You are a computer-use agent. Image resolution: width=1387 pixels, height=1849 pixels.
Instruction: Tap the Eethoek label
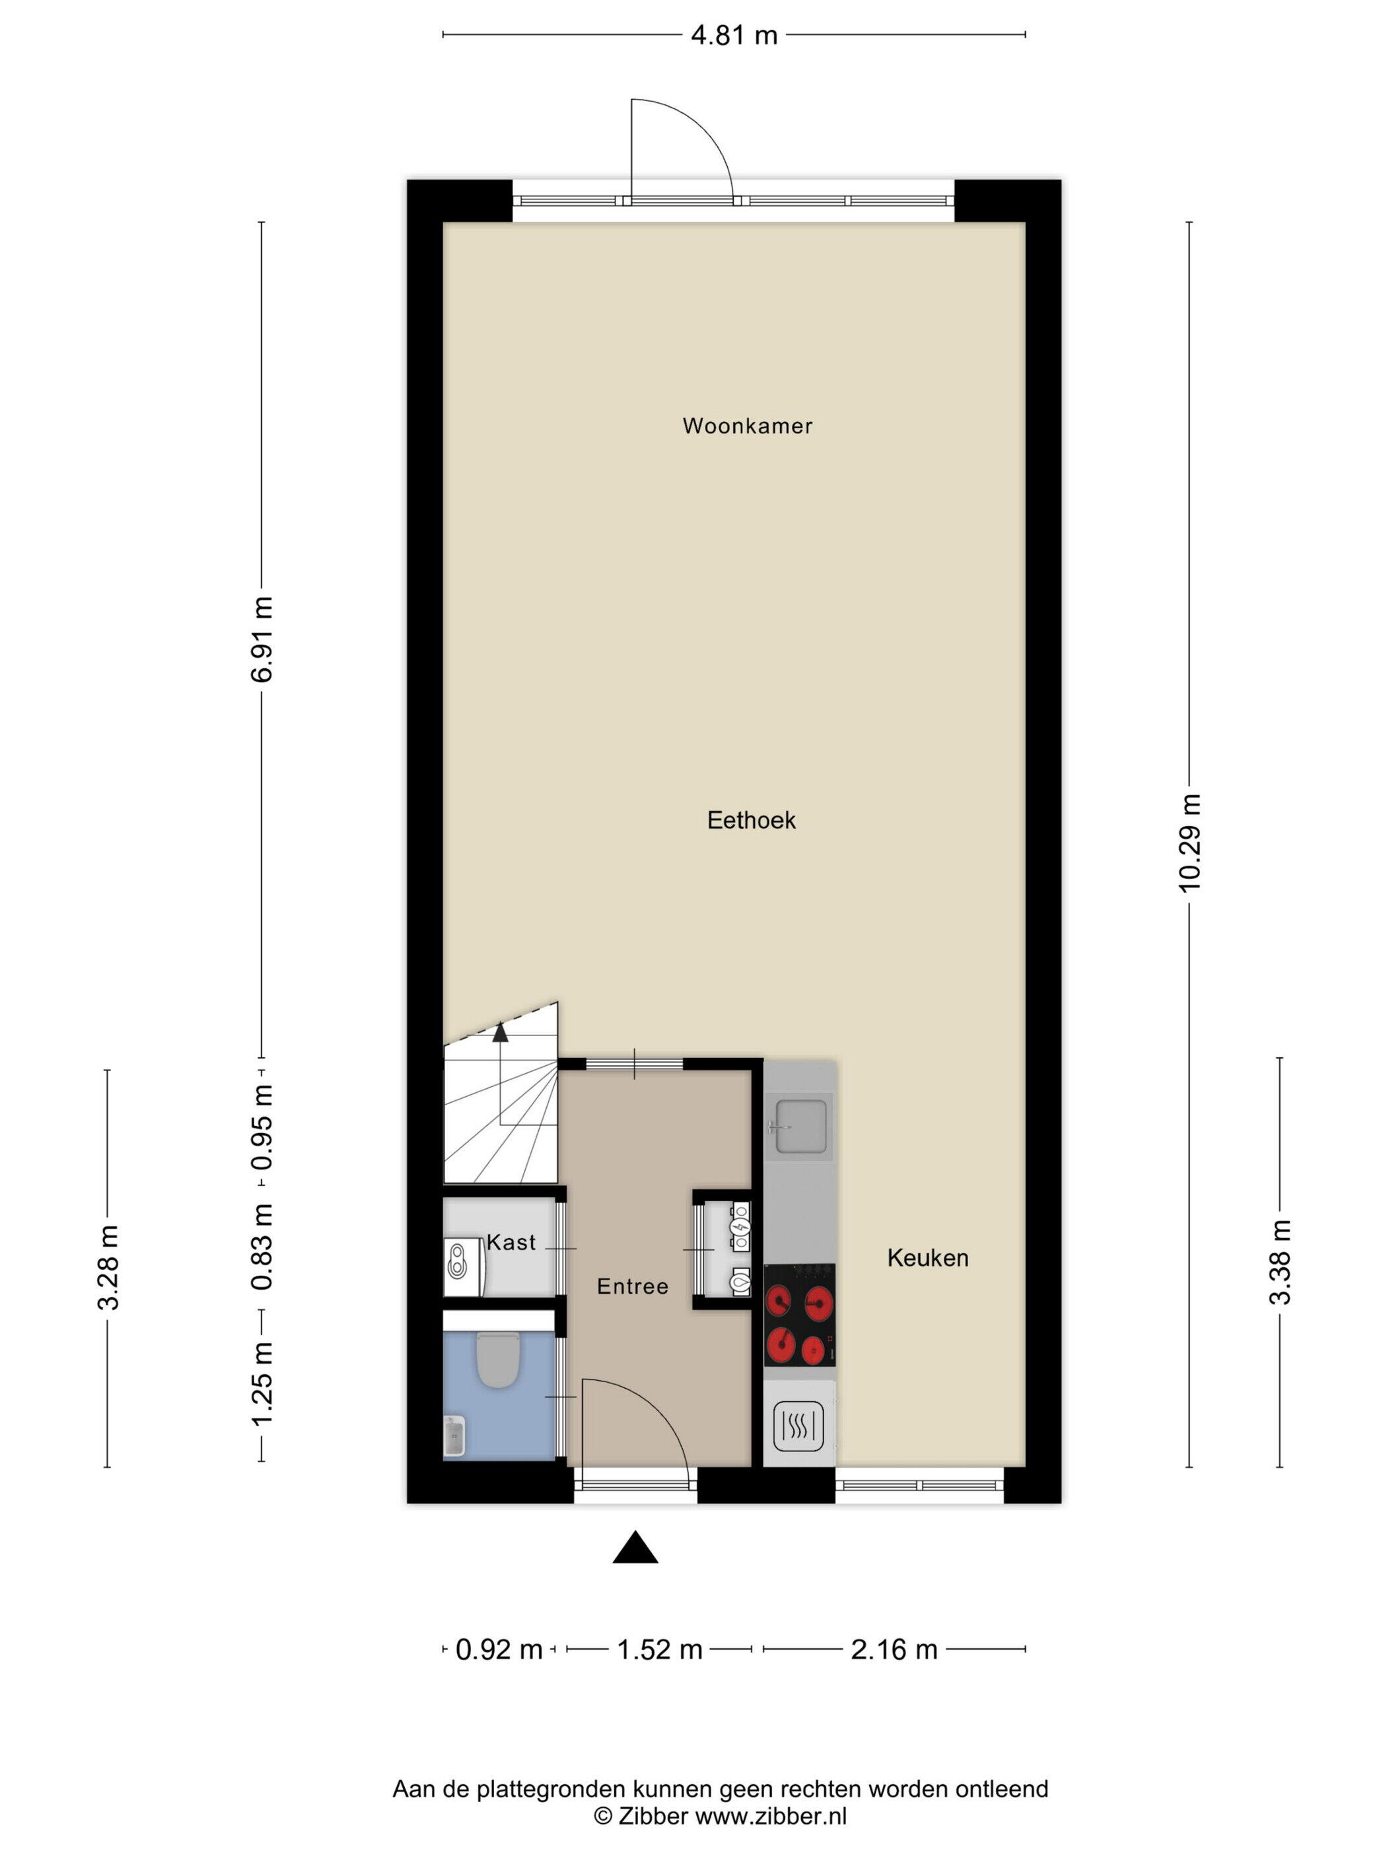(x=751, y=820)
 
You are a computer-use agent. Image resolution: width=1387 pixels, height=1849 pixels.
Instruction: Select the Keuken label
(x=927, y=1258)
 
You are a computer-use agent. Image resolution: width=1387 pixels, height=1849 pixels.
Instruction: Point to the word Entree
(x=632, y=1286)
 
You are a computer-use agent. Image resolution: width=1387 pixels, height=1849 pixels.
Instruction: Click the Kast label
(x=511, y=1243)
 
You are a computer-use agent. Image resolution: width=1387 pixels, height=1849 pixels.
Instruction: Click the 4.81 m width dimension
(x=734, y=35)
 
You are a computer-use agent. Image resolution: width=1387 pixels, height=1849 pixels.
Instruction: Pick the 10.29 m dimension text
(x=1189, y=843)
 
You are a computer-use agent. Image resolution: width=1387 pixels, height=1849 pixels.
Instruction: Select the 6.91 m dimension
(x=262, y=639)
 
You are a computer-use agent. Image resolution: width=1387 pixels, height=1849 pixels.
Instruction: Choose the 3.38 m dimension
(x=1280, y=1261)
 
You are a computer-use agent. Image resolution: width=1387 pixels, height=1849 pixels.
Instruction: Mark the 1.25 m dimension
(x=262, y=1383)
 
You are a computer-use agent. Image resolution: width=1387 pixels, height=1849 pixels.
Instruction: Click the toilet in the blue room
(x=498, y=1358)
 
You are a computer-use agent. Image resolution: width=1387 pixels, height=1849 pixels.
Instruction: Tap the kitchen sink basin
(x=800, y=1127)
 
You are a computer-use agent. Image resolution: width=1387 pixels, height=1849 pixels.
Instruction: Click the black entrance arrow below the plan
(x=635, y=1548)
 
